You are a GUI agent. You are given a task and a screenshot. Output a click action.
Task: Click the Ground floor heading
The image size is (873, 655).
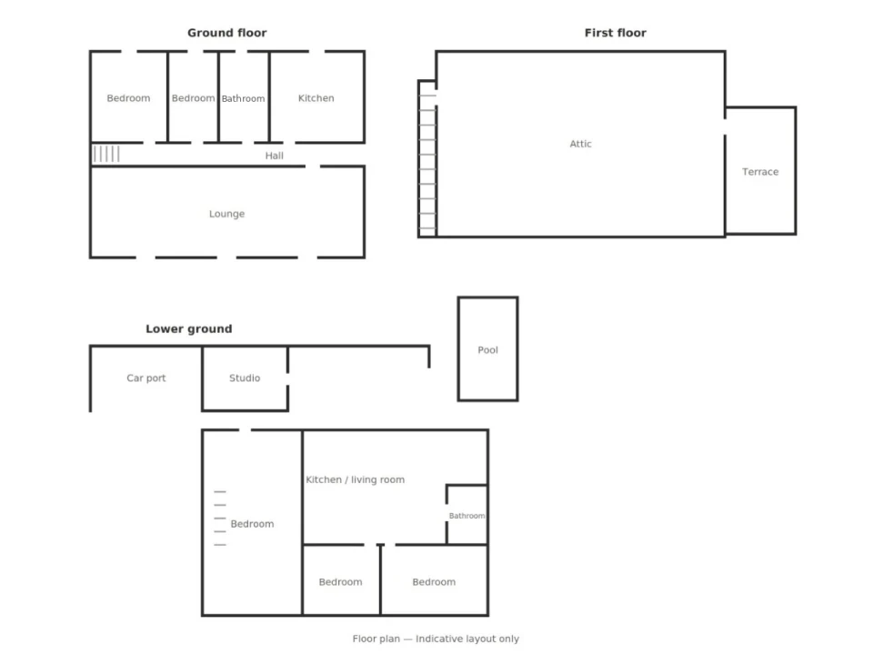(x=226, y=33)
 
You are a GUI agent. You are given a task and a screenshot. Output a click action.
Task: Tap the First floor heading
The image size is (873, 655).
(x=616, y=33)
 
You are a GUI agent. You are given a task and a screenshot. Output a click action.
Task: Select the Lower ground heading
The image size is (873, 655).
(x=189, y=329)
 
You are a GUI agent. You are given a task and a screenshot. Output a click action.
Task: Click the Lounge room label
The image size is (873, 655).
(x=226, y=214)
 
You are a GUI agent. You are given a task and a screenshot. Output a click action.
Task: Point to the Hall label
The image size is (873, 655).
(x=274, y=156)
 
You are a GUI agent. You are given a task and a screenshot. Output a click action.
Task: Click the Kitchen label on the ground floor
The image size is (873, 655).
(x=316, y=98)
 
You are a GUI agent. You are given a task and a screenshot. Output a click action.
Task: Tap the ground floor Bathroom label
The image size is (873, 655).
(x=244, y=98)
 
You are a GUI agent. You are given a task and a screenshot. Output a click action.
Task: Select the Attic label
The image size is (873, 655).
(x=580, y=144)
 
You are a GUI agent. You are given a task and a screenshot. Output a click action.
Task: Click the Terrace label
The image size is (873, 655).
(x=760, y=172)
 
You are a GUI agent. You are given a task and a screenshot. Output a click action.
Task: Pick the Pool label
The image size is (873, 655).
(x=487, y=350)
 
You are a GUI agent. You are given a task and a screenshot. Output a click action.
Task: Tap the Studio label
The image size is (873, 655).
(x=245, y=378)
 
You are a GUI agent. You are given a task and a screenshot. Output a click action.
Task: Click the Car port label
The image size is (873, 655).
(x=145, y=378)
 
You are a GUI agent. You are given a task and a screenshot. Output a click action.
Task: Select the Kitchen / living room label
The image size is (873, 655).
(x=356, y=479)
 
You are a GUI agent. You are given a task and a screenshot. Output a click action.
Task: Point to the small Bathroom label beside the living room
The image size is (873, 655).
(x=467, y=516)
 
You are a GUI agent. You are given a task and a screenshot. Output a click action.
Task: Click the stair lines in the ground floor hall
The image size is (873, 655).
(x=106, y=154)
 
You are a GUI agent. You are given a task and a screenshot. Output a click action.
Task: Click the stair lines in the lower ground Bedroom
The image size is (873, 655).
(x=220, y=519)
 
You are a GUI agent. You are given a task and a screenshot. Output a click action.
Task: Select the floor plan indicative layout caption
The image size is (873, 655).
(x=436, y=639)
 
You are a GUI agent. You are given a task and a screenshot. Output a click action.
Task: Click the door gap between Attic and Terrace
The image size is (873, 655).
(x=725, y=127)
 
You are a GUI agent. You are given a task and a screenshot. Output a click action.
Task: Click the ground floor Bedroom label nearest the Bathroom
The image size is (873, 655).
(x=193, y=98)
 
